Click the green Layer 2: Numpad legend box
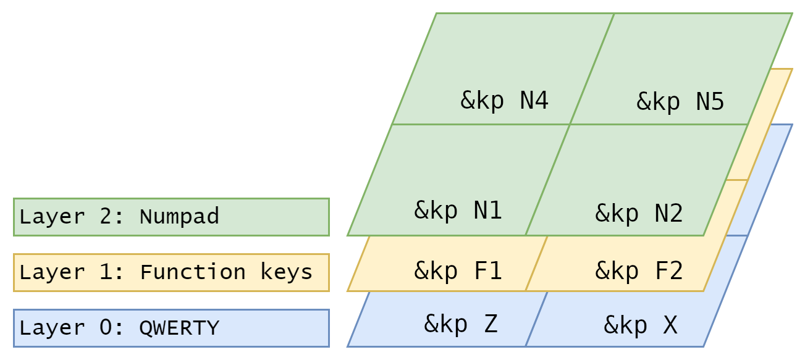[x=171, y=217]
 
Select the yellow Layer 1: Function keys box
[x=171, y=272]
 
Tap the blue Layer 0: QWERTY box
[x=171, y=328]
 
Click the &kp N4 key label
[x=505, y=100]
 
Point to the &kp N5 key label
[x=680, y=101]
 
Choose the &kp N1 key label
[x=458, y=211]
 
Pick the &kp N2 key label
[x=639, y=213]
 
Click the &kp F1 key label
[x=458, y=270]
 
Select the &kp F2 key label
[x=639, y=270]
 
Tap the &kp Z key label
[x=461, y=324]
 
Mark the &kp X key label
[x=641, y=325]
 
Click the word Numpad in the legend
[x=179, y=217]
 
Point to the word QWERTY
[x=179, y=328]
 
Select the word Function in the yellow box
[x=193, y=272]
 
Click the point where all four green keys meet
[x=570, y=124]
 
